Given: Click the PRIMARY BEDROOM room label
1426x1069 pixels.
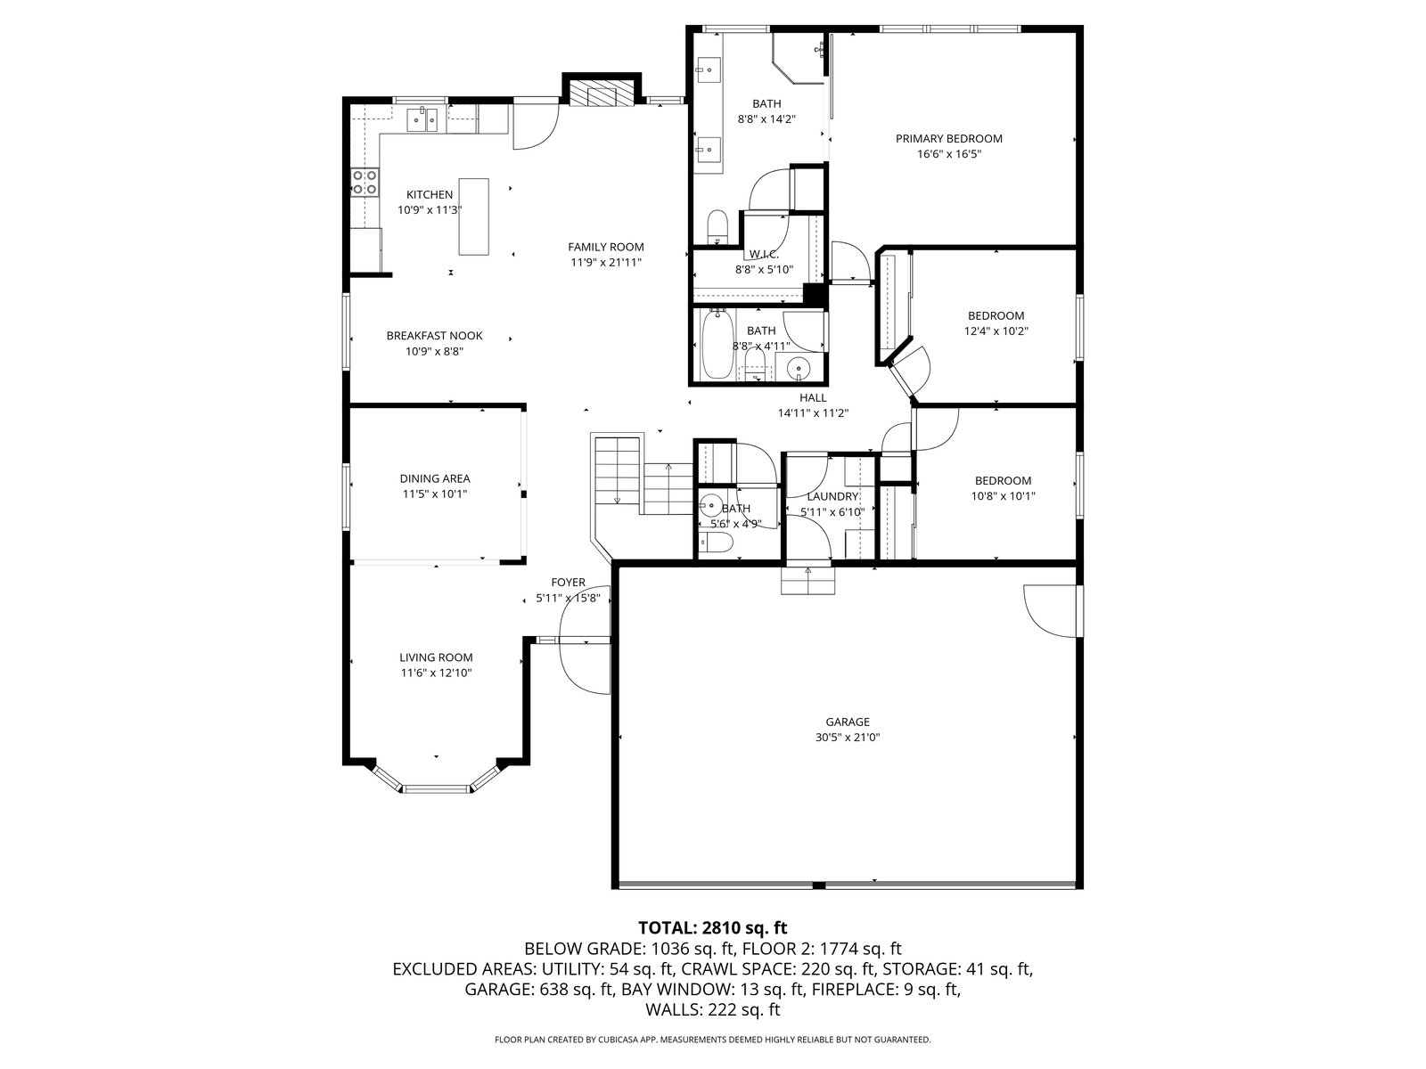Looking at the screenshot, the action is (948, 138).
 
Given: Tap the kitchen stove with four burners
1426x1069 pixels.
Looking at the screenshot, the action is (365, 182).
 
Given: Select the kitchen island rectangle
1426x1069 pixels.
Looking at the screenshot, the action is (473, 216).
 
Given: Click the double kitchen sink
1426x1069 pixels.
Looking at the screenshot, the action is (422, 120).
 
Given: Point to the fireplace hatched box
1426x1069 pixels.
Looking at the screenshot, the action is (602, 92).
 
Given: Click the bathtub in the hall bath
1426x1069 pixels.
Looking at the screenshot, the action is (717, 344).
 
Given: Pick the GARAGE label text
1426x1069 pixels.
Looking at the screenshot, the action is (848, 722).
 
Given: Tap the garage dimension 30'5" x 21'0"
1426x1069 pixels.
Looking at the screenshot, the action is (848, 738).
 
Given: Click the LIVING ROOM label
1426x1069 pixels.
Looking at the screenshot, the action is (436, 657).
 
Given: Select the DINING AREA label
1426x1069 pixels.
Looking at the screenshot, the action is (435, 478).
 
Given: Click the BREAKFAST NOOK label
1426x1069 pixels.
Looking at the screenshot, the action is (435, 336).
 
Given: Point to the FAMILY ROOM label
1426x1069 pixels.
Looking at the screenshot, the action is (606, 247).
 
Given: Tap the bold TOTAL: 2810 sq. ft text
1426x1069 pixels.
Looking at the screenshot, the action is (713, 927).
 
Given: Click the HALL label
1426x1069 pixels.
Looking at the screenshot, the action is (814, 398).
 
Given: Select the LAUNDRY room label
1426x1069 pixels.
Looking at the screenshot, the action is (832, 496).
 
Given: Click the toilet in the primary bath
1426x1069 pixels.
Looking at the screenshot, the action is (717, 225).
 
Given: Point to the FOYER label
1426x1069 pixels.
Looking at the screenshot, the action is (569, 583).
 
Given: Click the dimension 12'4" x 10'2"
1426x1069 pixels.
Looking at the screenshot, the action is (996, 331).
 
